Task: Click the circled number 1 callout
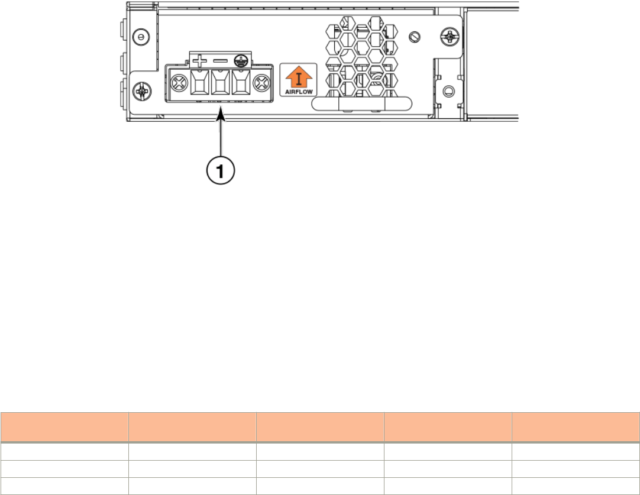point(221,170)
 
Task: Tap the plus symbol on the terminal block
point(199,62)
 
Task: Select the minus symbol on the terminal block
point(221,62)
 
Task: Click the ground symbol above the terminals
point(241,62)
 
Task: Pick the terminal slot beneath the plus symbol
point(199,83)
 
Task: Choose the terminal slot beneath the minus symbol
point(220,83)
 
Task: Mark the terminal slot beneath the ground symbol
point(241,83)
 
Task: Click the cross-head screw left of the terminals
point(179,83)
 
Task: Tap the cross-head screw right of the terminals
point(261,83)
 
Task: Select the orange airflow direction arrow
point(299,76)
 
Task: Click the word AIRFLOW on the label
point(299,92)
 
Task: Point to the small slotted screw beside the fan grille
point(415,37)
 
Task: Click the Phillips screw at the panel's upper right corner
point(450,37)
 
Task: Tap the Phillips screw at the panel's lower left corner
point(142,90)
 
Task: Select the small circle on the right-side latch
point(448,90)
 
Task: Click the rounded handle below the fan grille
point(361,104)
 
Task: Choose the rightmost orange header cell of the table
point(576,427)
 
